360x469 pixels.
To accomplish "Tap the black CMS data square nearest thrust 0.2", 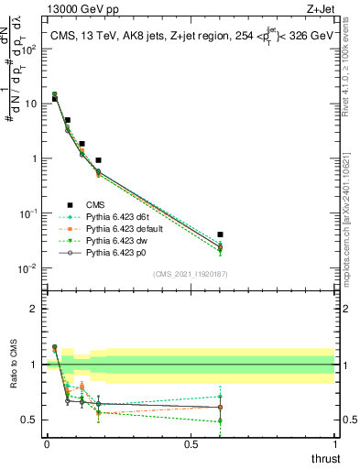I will coord(98,160).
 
